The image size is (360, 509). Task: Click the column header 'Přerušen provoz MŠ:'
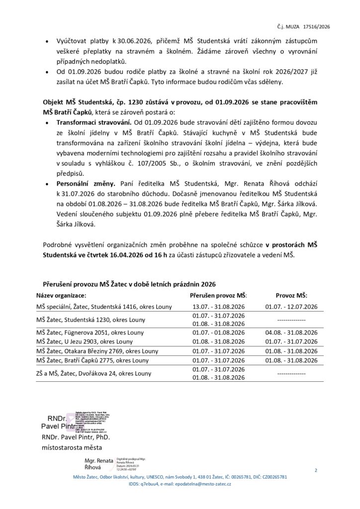pos(218,295)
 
